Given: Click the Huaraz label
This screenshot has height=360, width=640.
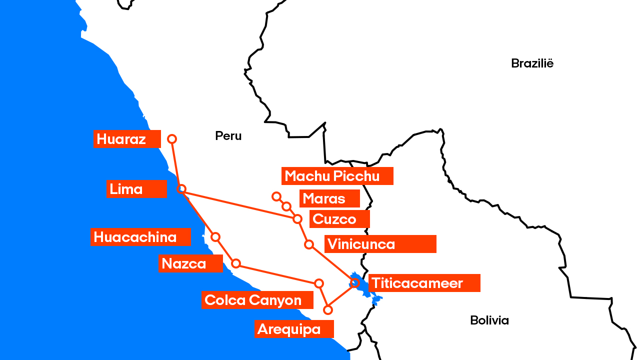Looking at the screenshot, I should coord(127,139).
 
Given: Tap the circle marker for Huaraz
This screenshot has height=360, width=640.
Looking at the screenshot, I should coord(172,139).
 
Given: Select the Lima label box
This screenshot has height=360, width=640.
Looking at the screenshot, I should coord(136,189).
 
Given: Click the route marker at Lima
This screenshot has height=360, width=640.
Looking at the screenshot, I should coord(182,189).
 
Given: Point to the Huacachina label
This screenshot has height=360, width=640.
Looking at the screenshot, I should coord(140,237).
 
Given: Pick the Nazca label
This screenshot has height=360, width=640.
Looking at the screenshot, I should coord(190,263).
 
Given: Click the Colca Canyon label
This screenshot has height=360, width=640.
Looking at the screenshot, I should coord(257,300).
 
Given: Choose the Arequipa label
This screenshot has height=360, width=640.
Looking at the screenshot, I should coord(294,329).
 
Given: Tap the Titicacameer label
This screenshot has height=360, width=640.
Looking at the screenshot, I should coord(424,283).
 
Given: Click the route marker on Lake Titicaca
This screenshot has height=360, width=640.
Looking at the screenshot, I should coord(355,282).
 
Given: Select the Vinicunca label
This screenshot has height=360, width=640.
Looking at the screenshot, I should coord(380,244).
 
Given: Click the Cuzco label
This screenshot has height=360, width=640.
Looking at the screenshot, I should coord(339,219).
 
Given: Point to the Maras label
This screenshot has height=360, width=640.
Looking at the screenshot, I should coord(329,198).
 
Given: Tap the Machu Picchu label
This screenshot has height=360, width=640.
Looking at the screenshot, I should coord(337,176).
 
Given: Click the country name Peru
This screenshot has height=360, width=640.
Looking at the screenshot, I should coord(228,135).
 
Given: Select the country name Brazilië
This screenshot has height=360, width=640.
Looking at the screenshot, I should coord(532,63).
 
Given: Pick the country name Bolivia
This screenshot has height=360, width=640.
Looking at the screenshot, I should coord(489,320).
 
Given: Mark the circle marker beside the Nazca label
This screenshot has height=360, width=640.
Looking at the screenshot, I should coord(236,263).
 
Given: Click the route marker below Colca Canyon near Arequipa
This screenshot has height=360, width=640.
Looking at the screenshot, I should coord(328,310).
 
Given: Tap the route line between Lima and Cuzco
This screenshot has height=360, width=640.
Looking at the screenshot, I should coord(240,204).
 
